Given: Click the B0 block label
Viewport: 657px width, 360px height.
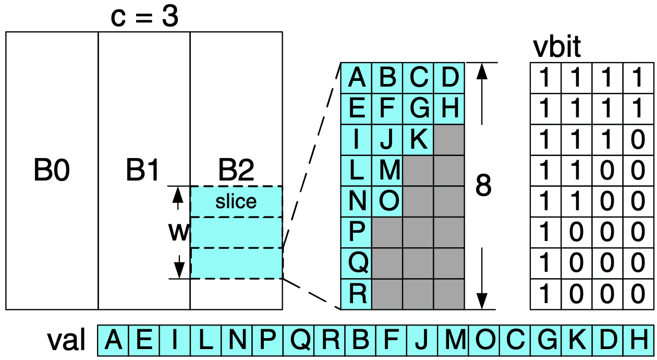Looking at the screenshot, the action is [52, 171].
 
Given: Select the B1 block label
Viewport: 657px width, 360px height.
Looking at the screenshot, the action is [143, 171].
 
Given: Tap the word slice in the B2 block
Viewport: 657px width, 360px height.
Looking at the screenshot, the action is [236, 201].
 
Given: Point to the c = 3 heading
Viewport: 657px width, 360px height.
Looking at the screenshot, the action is [144, 17].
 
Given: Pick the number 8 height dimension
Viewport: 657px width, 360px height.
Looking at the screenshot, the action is [483, 185].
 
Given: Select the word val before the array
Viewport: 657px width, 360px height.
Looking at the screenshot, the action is [66, 341].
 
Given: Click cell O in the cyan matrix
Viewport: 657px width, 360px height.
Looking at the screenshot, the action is [387, 201].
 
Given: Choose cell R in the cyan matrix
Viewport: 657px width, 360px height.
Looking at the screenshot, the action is [357, 294].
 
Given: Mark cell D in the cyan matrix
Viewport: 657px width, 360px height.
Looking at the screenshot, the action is [449, 78].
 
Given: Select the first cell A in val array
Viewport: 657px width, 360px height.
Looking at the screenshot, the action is [114, 341].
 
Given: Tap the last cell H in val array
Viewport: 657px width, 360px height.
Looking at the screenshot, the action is [638, 341].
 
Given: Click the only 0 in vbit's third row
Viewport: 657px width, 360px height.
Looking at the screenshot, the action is [638, 140].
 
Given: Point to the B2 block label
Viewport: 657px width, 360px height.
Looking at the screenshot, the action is [236, 171].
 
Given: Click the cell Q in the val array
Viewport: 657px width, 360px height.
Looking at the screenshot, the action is [299, 341].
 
